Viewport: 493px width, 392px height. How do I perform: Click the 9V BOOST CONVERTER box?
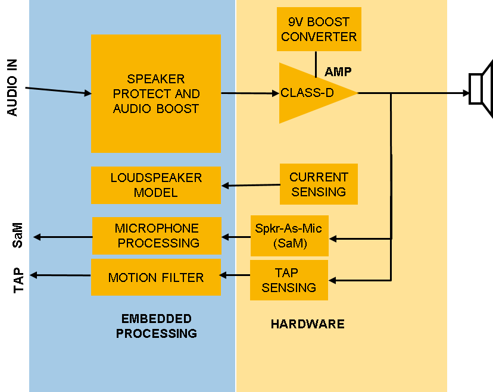coord(319,29)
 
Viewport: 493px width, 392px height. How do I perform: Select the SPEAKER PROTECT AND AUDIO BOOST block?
coord(156,93)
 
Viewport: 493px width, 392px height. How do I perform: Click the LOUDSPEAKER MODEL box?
coord(156,185)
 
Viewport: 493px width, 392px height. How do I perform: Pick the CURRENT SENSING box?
coord(319,184)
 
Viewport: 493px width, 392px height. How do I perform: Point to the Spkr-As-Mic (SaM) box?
coord(289,236)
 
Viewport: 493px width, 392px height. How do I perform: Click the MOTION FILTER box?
coord(156,277)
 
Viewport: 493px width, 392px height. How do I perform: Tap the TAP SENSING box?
coord(289,280)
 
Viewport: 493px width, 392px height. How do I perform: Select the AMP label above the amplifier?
coord(338,72)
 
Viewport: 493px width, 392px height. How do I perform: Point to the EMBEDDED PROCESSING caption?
coord(157,326)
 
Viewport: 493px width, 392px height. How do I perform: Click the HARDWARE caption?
coord(308,324)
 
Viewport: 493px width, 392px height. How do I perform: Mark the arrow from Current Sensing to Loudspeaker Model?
coord(251,186)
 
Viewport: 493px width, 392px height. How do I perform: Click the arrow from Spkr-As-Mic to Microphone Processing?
coord(236,237)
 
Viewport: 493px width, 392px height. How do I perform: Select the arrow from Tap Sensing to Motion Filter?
coord(235,275)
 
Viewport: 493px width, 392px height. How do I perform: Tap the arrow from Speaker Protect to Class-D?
coord(250,93)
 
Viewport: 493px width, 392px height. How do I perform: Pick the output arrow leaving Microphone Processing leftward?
coord(63,237)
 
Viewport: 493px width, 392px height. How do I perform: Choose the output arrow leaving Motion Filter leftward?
coord(60,275)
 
